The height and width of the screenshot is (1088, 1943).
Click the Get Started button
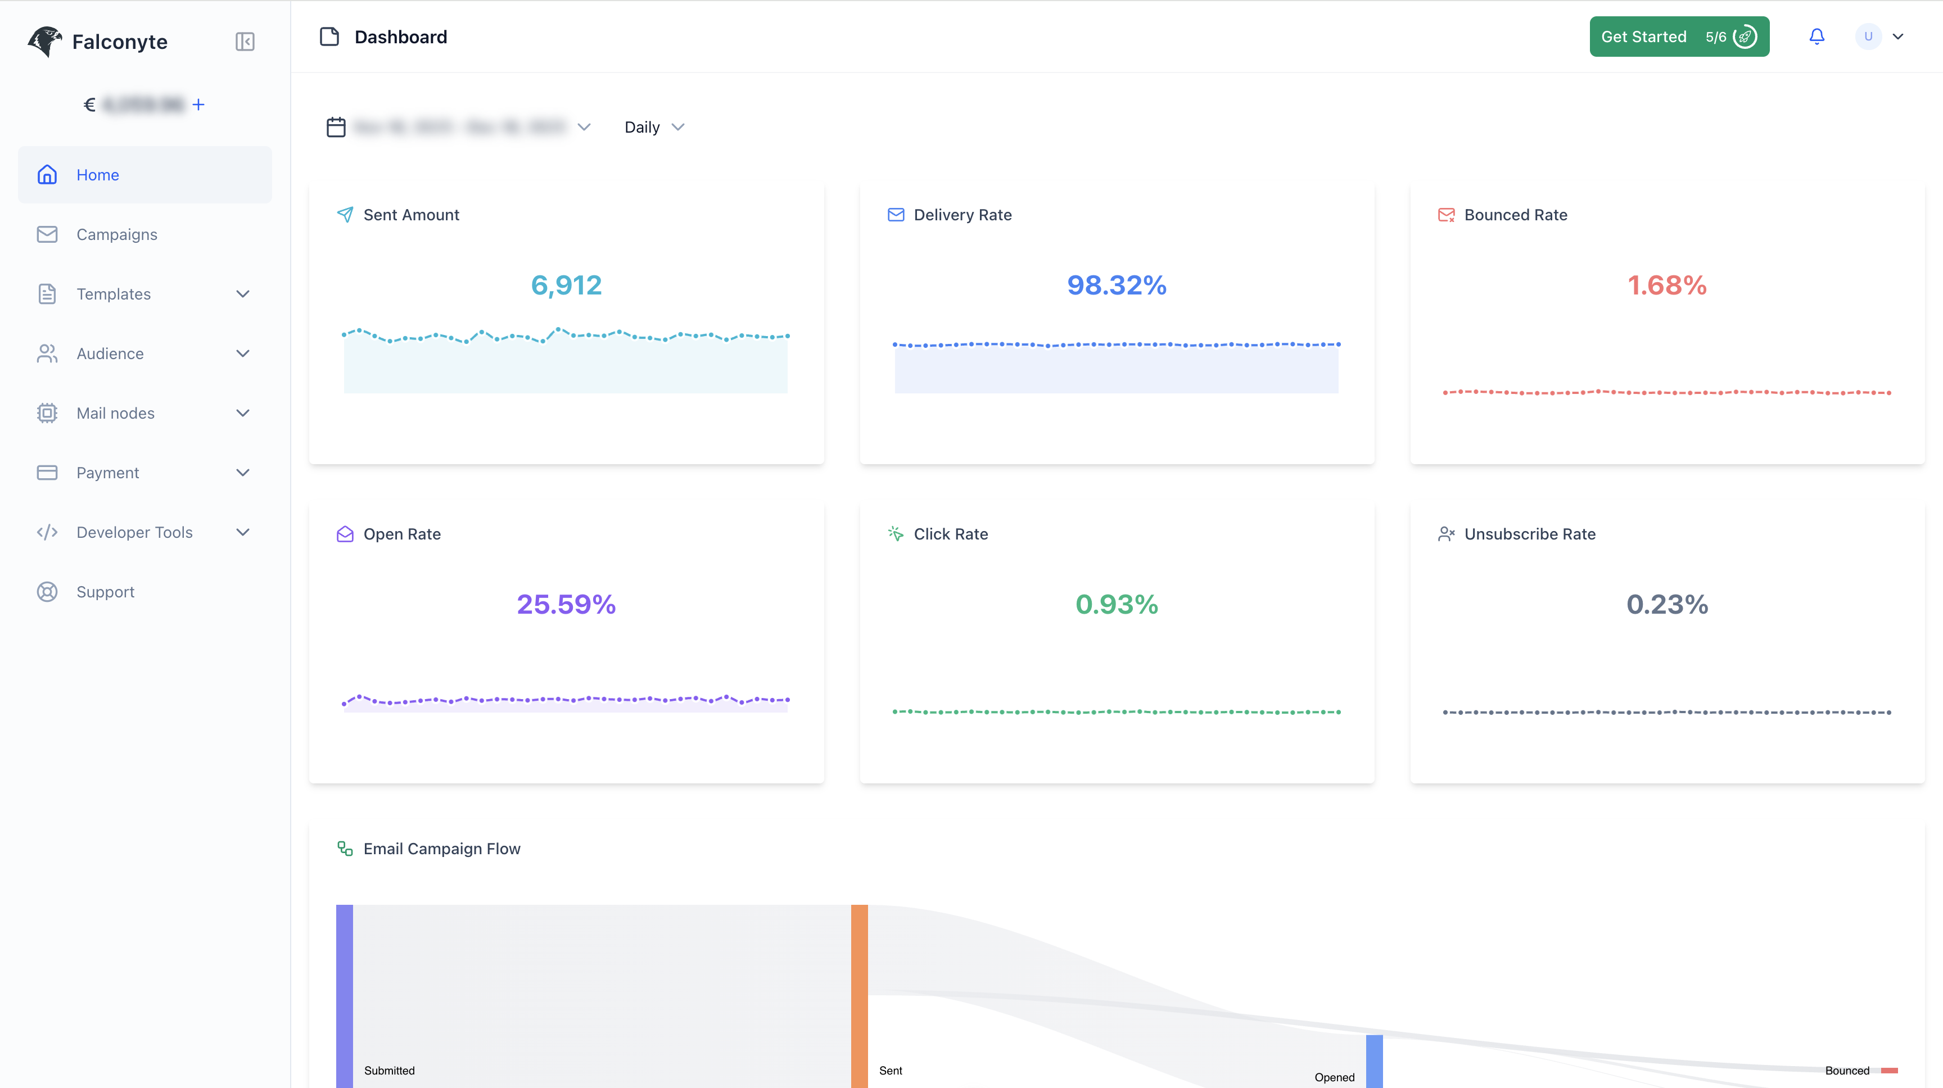tap(1678, 37)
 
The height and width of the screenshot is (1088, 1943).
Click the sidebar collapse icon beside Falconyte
tap(245, 42)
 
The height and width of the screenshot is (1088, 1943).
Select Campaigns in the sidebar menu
tap(117, 234)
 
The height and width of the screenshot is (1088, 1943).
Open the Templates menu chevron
tap(243, 294)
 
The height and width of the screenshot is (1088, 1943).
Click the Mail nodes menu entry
tap(115, 413)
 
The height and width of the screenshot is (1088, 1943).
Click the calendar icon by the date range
tap(336, 128)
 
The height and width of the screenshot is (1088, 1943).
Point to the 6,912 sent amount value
tap(566, 285)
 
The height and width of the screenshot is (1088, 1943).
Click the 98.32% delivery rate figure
tap(1117, 285)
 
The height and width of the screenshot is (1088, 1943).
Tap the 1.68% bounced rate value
tap(1667, 285)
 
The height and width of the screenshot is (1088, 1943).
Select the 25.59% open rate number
tap(566, 604)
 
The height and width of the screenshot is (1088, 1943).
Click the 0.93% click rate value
tap(1117, 604)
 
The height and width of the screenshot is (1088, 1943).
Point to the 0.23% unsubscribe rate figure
tap(1667, 604)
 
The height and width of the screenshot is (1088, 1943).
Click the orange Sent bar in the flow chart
tap(859, 995)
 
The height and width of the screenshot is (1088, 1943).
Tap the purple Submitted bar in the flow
tap(344, 995)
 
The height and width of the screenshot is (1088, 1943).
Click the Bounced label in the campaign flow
tap(1846, 1071)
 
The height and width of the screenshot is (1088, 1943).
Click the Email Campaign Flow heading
tap(441, 849)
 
